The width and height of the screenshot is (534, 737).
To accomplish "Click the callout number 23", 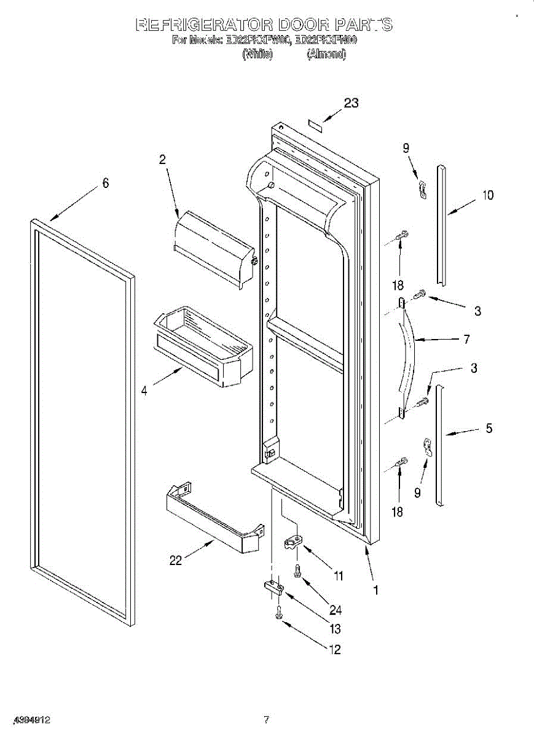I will pyautogui.click(x=351, y=103).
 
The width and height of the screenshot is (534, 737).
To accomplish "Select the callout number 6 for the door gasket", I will pyautogui.click(x=106, y=182).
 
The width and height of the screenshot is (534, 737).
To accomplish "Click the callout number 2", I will pyautogui.click(x=162, y=159).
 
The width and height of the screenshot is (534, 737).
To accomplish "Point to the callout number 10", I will pyautogui.click(x=487, y=195).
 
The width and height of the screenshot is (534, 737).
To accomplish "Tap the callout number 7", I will pyautogui.click(x=466, y=338).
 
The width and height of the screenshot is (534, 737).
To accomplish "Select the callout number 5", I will pyautogui.click(x=489, y=429).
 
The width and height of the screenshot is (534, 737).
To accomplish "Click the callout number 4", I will pyautogui.click(x=144, y=389).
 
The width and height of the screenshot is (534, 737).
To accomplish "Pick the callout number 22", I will pyautogui.click(x=176, y=560).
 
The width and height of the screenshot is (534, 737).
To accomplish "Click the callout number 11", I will pyautogui.click(x=338, y=575).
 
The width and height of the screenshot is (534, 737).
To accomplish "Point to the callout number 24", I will pyautogui.click(x=335, y=610).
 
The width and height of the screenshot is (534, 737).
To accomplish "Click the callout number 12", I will pyautogui.click(x=335, y=650).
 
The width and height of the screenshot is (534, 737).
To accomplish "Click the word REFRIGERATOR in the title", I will pyautogui.click(x=203, y=25).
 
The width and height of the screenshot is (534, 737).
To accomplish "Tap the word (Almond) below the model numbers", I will pyautogui.click(x=326, y=54).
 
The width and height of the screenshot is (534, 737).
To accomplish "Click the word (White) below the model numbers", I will pyautogui.click(x=257, y=54).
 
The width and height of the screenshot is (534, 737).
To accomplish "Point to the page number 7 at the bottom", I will pyautogui.click(x=266, y=719).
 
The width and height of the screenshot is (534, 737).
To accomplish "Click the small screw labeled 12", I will pyautogui.click(x=280, y=612).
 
